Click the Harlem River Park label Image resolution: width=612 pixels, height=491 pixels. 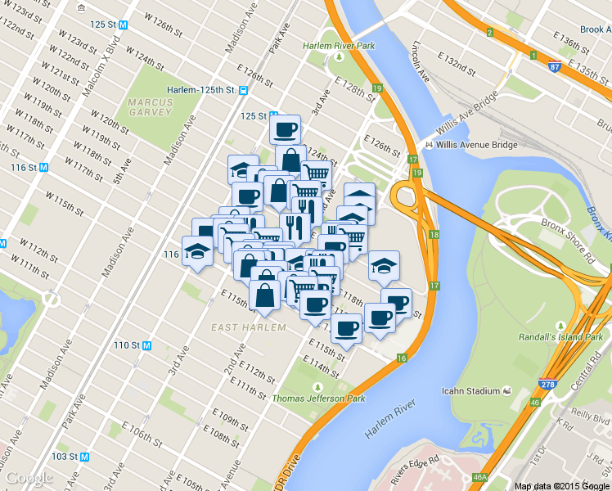pyautogui.click(x=339, y=46)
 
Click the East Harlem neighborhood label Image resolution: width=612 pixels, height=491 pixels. pyautogui.click(x=249, y=327)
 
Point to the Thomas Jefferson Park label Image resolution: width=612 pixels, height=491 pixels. pyautogui.click(x=318, y=399)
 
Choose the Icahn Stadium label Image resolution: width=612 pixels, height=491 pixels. pyautogui.click(x=471, y=390)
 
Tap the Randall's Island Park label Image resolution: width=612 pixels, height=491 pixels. pyautogui.click(x=560, y=336)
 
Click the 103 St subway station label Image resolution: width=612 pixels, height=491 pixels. pyautogui.click(x=67, y=456)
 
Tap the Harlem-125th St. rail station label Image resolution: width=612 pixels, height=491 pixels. pyautogui.click(x=201, y=90)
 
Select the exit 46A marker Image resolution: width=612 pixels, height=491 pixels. pyautogui.click(x=480, y=477)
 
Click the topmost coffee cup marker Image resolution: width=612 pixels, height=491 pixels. pyautogui.click(x=285, y=129)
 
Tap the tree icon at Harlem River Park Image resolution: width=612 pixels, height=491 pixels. pyautogui.click(x=338, y=58)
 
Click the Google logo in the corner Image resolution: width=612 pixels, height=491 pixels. pyautogui.click(x=29, y=478)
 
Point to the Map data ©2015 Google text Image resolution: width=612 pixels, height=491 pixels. pyautogui.click(x=562, y=486)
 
